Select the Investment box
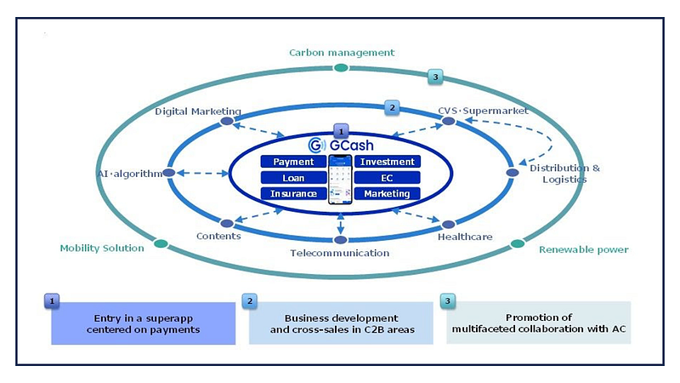[x=387, y=162]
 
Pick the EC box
[x=387, y=178]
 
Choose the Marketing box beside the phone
[x=387, y=194]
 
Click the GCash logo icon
[x=314, y=144]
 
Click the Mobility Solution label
[x=102, y=249]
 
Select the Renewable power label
[x=584, y=249]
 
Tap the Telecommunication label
[x=339, y=253]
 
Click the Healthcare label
[x=465, y=237]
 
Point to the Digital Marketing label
[x=198, y=111]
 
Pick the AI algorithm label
[x=129, y=174]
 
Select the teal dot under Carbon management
[x=341, y=67]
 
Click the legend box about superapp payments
[x=143, y=323]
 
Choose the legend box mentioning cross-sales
[x=341, y=323]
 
